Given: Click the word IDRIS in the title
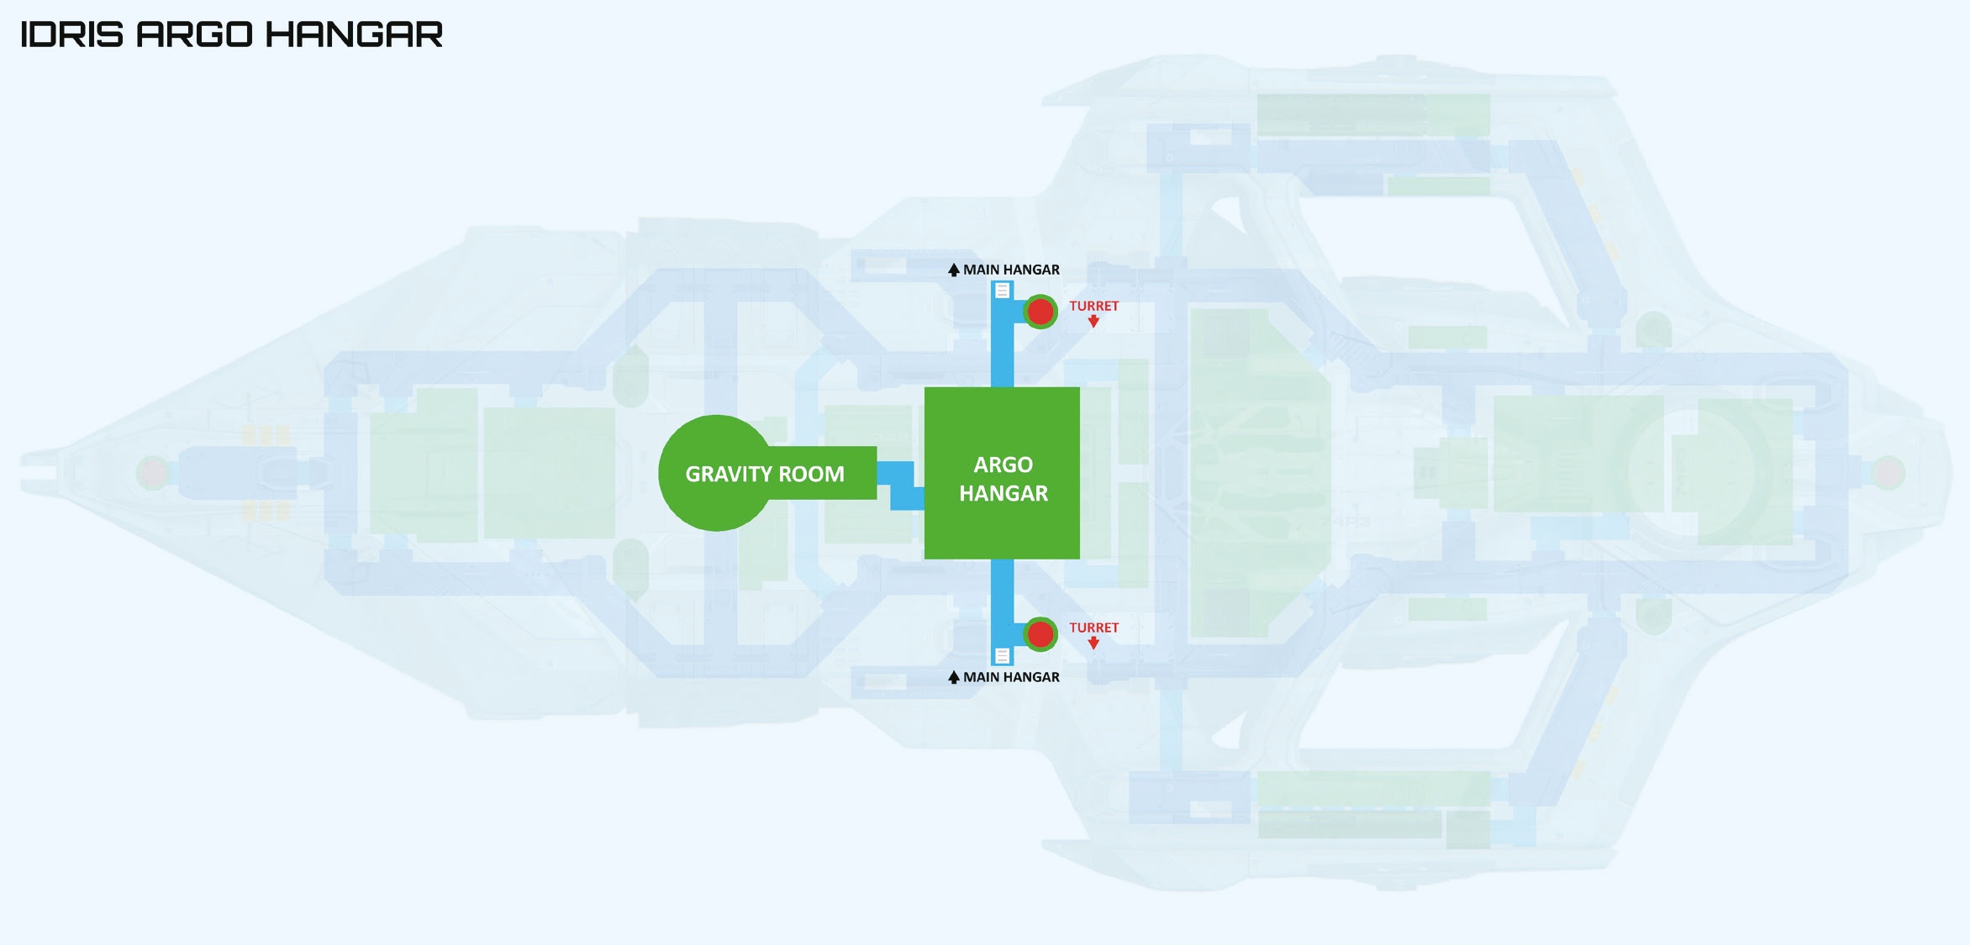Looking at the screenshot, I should [71, 34].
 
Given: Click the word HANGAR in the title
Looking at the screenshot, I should [354, 34].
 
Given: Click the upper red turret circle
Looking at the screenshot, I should [1040, 312].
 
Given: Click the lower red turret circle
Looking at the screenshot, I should [1040, 634].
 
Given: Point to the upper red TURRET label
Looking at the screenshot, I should [1093, 306].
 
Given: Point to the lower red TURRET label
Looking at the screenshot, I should [1093, 627].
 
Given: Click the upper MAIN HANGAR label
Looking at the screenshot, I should [1011, 270].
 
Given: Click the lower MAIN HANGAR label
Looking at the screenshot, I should [1011, 677].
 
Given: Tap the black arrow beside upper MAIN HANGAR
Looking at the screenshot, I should [953, 270].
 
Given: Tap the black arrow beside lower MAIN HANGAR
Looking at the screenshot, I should [953, 677].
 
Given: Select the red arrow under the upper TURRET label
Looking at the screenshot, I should [1093, 321].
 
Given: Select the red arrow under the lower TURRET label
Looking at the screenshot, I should [1093, 643].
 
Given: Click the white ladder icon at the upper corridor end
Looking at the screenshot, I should [1002, 291].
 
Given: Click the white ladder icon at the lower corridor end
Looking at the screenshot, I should [1002, 655].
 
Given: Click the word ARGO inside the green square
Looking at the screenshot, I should [1003, 465].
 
